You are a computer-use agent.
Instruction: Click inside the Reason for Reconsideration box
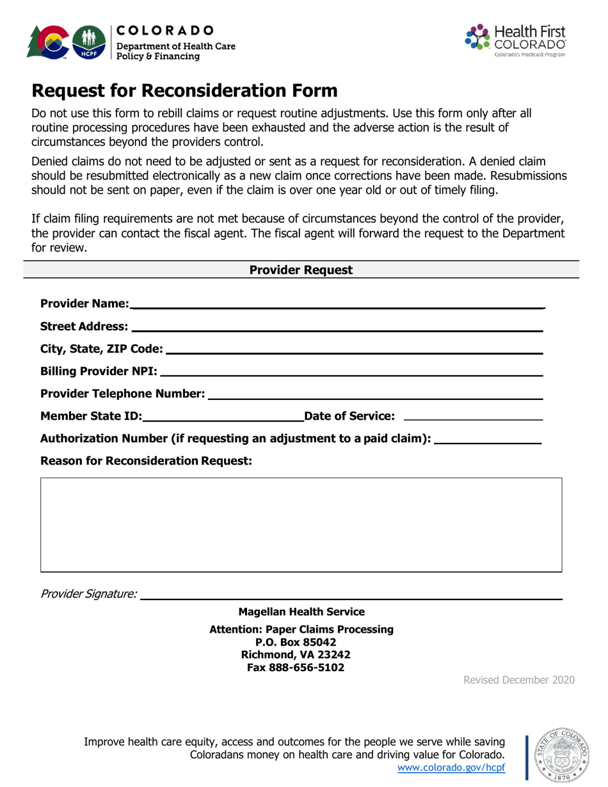[x=301, y=524]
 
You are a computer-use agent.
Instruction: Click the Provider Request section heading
[x=301, y=270]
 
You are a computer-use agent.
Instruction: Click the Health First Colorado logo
[x=518, y=39]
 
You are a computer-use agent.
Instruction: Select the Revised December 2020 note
[x=518, y=680]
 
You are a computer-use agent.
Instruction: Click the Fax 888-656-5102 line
[x=301, y=667]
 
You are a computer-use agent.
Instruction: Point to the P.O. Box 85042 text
[x=301, y=642]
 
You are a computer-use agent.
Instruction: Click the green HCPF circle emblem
[x=90, y=41]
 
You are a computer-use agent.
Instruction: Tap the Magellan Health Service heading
[x=301, y=612]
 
